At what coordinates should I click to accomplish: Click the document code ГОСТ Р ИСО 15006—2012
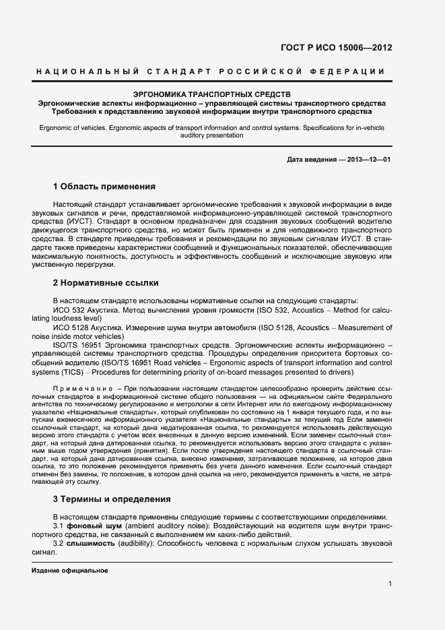pyautogui.click(x=336, y=48)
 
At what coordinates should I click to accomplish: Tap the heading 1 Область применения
pyautogui.click(x=104, y=186)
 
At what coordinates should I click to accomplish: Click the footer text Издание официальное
pyautogui.click(x=70, y=570)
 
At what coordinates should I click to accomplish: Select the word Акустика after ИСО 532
pyautogui.click(x=100, y=309)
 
